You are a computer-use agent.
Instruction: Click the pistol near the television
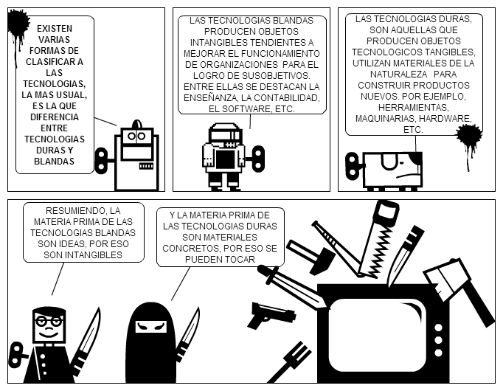click(270, 314)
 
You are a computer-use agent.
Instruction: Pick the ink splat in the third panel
click(468, 137)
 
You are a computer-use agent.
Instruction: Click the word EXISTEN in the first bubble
click(55, 27)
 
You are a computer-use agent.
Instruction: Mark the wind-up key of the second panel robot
click(257, 156)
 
